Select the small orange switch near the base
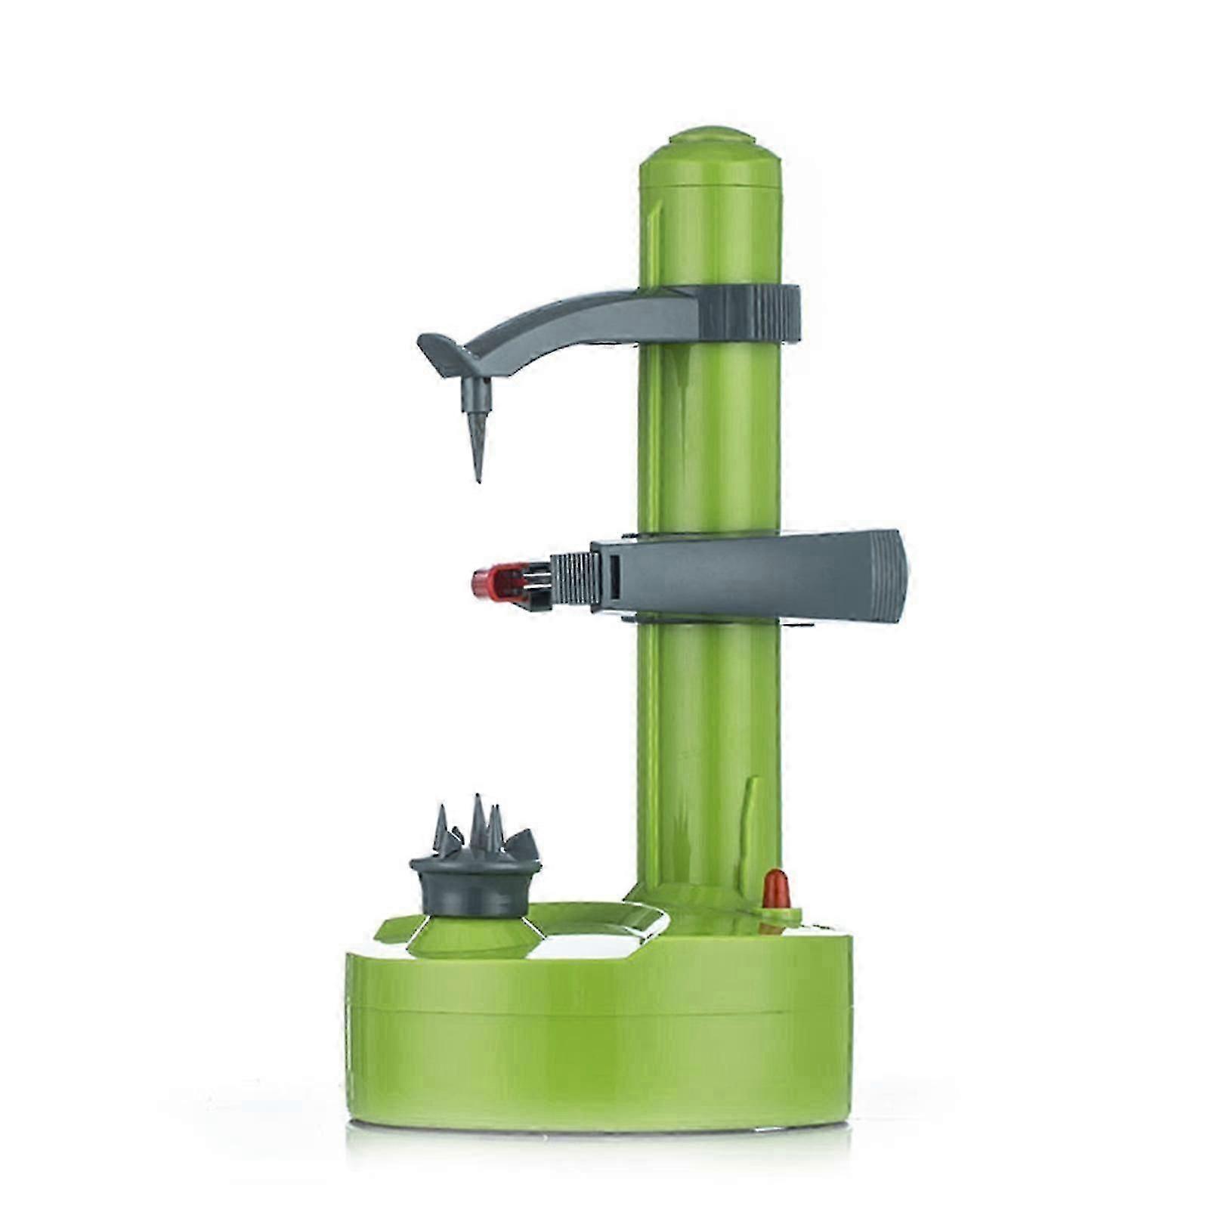(775, 889)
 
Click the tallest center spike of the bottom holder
(478, 820)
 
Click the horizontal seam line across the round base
(597, 1011)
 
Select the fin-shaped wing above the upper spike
(446, 354)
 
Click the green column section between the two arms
(710, 438)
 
